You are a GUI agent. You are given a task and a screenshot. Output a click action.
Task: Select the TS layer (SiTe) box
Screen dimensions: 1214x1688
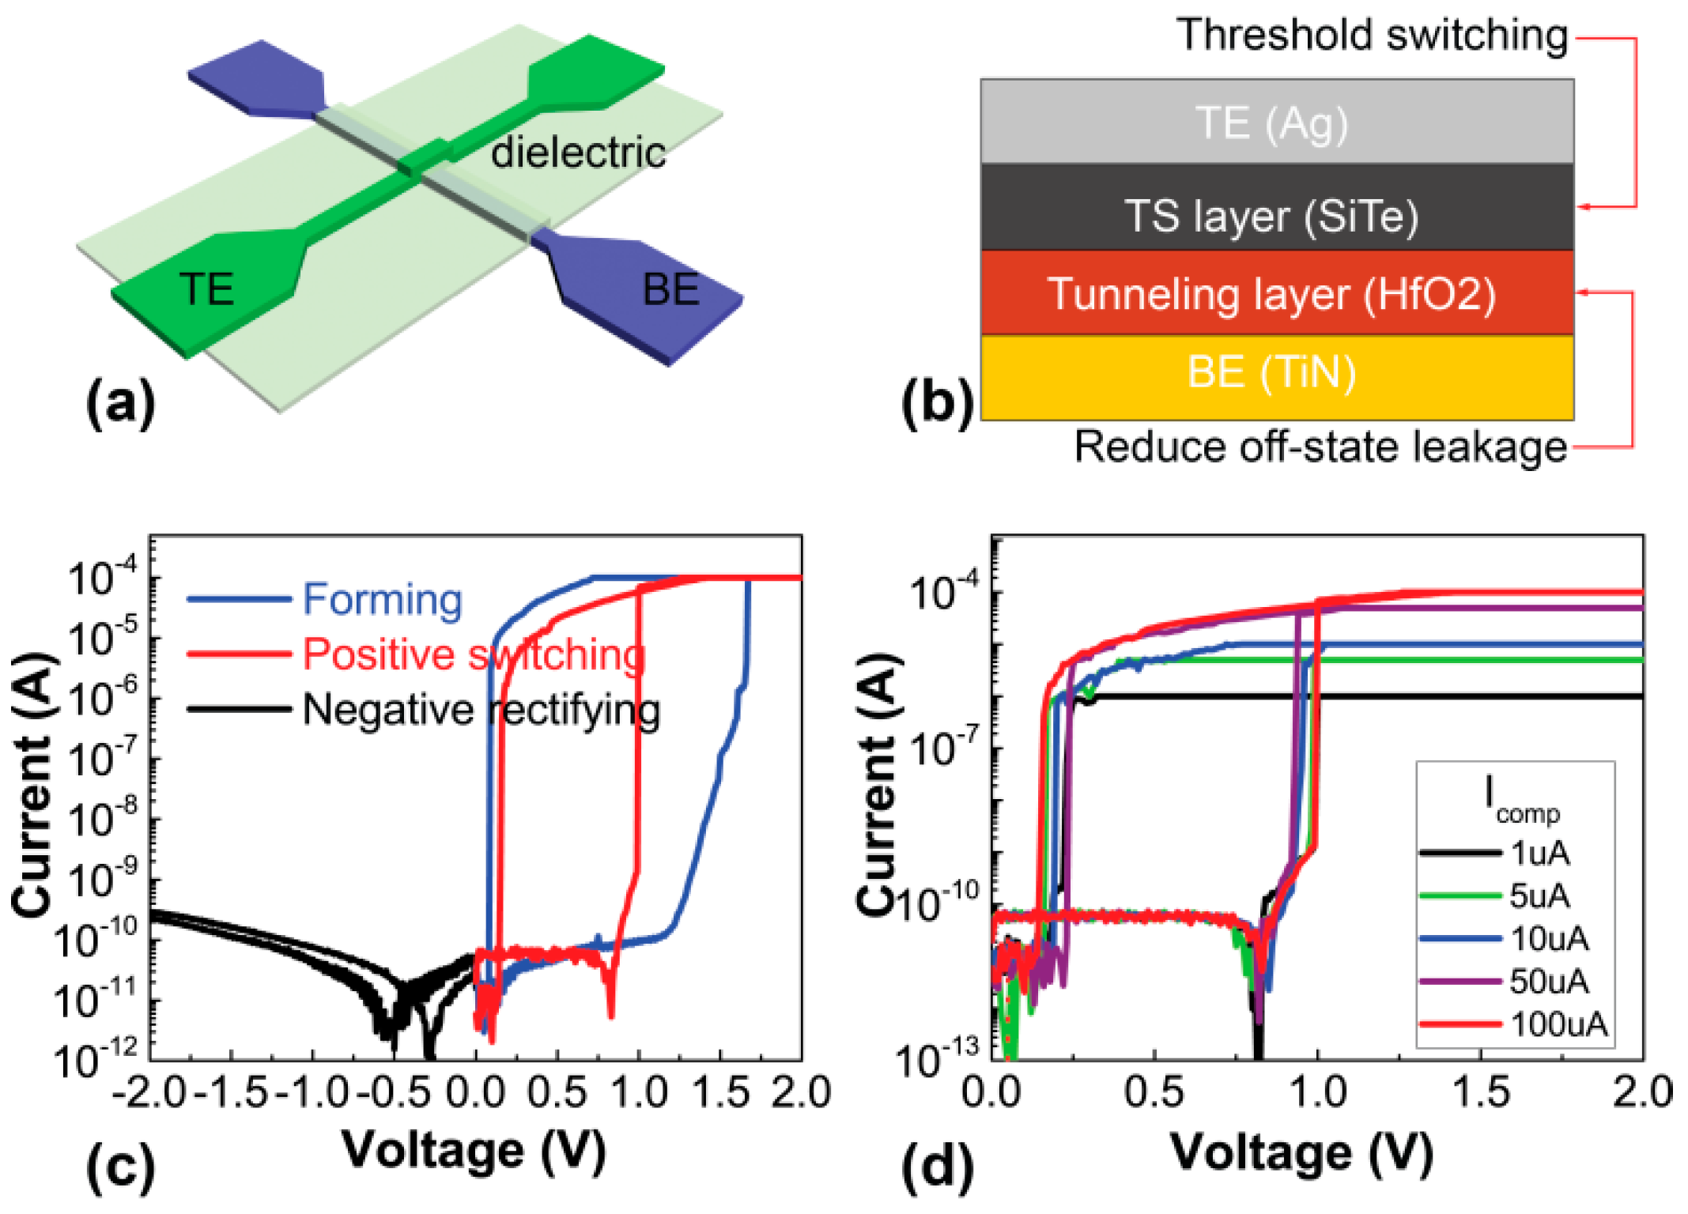click(1273, 216)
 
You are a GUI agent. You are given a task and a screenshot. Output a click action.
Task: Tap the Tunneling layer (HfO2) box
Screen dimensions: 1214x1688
click(1273, 294)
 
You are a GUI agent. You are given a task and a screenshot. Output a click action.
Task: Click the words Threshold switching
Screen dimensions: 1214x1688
click(1373, 36)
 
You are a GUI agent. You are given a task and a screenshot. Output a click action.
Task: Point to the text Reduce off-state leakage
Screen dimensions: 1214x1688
click(1320, 447)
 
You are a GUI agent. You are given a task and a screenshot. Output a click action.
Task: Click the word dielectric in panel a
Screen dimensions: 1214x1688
click(578, 152)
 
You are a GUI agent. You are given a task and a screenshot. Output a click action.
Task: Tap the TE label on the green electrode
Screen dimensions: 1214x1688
click(206, 288)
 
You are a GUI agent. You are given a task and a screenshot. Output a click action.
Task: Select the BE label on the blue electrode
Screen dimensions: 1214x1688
click(670, 289)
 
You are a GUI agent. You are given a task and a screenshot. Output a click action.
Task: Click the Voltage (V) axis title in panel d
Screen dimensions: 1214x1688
click(1301, 1152)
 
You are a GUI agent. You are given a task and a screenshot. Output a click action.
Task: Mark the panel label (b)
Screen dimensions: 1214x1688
click(938, 403)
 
